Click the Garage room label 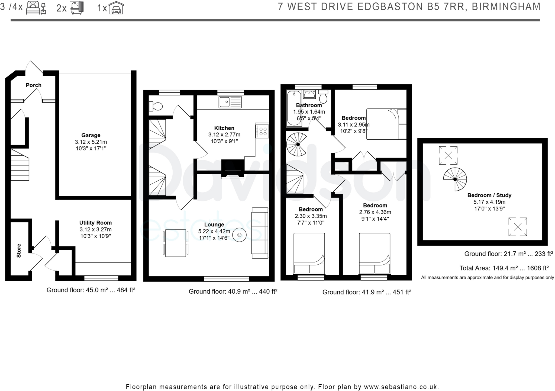pos(91,135)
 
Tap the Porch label pos(34,85)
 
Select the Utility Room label pos(95,223)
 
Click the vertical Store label pos(19,251)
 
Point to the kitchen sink pos(230,102)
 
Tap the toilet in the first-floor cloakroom pos(156,106)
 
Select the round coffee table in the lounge pos(239,235)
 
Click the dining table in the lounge pos(176,243)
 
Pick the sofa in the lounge pos(260,233)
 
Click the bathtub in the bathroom pos(294,108)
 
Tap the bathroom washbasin pos(309,95)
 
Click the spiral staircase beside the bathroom pos(298,145)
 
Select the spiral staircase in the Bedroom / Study pos(455,179)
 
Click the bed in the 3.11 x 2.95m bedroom pos(386,124)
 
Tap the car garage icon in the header pos(117,8)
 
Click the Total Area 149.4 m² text pos(504,268)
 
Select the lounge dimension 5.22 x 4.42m pos(214,231)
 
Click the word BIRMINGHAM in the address pos(506,7)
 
